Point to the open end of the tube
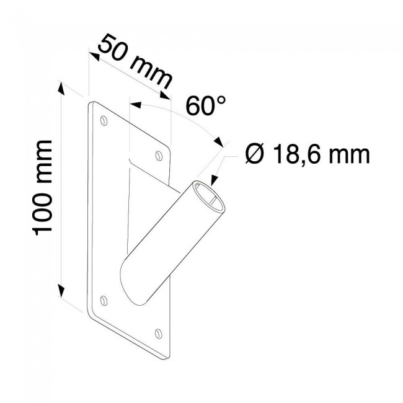(x=211, y=197)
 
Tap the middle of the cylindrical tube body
(x=177, y=242)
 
